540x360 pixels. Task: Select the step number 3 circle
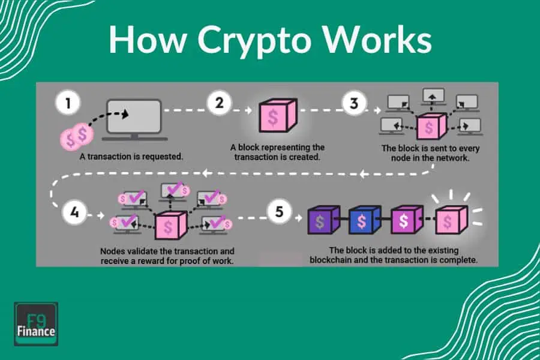(x=354, y=104)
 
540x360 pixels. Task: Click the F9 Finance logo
(x=35, y=325)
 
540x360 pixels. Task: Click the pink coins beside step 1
(x=77, y=135)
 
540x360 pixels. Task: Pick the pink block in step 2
(x=273, y=117)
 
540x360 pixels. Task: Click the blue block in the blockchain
(x=362, y=221)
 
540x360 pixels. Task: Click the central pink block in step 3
(x=430, y=125)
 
